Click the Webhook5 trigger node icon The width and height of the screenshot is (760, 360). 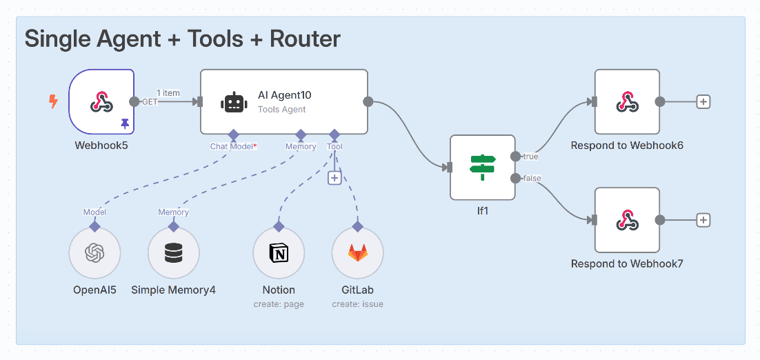click(102, 102)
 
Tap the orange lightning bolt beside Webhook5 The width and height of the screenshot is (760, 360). click(53, 101)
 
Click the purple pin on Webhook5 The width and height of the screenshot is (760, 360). click(125, 124)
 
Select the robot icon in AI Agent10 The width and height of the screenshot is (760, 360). click(234, 102)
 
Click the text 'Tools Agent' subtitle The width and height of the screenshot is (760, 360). click(281, 110)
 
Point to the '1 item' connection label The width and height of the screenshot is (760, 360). click(168, 92)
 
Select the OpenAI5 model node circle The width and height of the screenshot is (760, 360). click(94, 253)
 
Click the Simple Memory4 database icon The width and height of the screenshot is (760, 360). click(174, 253)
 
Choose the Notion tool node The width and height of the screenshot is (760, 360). click(279, 253)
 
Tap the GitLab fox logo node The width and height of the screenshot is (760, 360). click(358, 253)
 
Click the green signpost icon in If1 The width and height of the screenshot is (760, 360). click(483, 167)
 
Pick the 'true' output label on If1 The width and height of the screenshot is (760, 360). click(530, 157)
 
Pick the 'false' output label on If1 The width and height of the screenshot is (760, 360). click(532, 179)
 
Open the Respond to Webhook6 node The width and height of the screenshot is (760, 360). click(627, 102)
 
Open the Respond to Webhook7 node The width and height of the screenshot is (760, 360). click(627, 220)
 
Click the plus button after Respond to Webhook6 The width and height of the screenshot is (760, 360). click(703, 102)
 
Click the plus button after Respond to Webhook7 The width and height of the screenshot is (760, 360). click(703, 221)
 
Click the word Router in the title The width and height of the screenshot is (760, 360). click(306, 39)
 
